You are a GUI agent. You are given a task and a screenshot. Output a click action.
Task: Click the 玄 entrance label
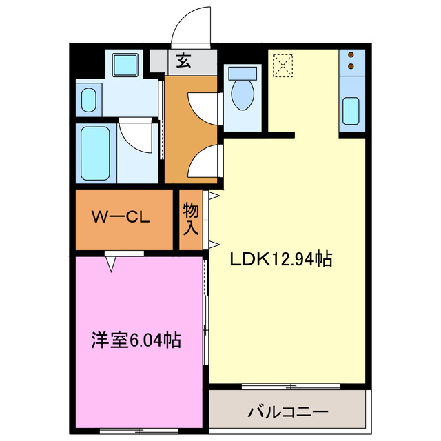point(183,61)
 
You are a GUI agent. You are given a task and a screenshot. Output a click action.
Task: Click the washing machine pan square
point(125,67)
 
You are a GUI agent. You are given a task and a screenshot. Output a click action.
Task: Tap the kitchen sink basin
point(351,111)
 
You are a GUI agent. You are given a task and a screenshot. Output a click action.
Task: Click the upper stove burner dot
point(351,55)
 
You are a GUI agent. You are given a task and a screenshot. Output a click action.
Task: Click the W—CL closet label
point(121,218)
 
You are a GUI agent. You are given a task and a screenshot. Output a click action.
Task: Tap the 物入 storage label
point(191,219)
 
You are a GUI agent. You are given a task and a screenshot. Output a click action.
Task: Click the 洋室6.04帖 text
point(136,339)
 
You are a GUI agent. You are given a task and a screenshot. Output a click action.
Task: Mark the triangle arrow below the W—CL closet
point(110,263)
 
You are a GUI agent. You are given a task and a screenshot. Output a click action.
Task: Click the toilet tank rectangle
point(242,72)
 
